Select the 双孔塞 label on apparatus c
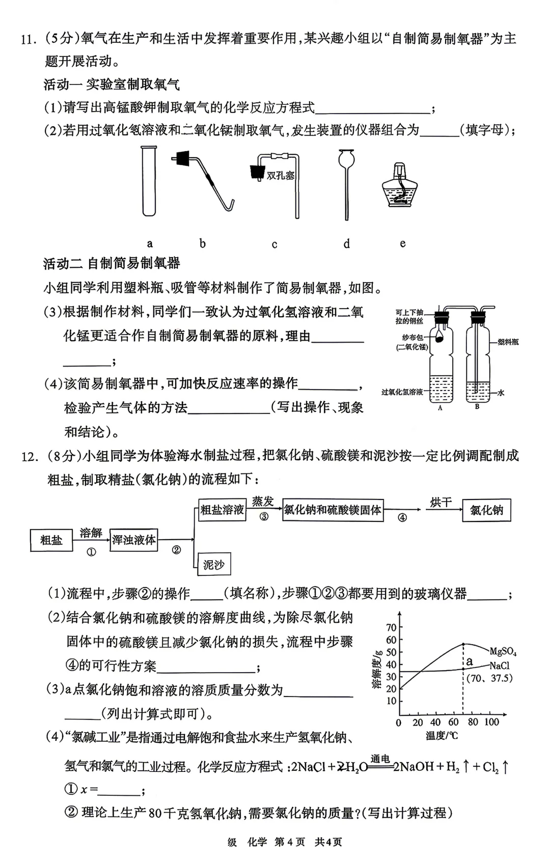[281, 176]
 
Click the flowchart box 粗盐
[51, 540]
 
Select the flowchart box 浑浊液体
[134, 540]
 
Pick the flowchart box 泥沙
[213, 565]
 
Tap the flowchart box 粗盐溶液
[222, 510]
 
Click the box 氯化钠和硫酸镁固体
[333, 510]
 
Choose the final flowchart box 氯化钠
[486, 510]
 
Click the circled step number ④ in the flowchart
[402, 518]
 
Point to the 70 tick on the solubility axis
[391, 627]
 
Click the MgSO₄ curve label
[503, 651]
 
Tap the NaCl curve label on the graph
[500, 665]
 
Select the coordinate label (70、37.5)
[489, 678]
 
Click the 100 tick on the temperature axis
[491, 722]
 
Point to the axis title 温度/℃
[442, 736]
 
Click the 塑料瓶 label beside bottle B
[508, 342]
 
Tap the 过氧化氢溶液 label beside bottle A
[402, 392]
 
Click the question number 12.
[29, 456]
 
